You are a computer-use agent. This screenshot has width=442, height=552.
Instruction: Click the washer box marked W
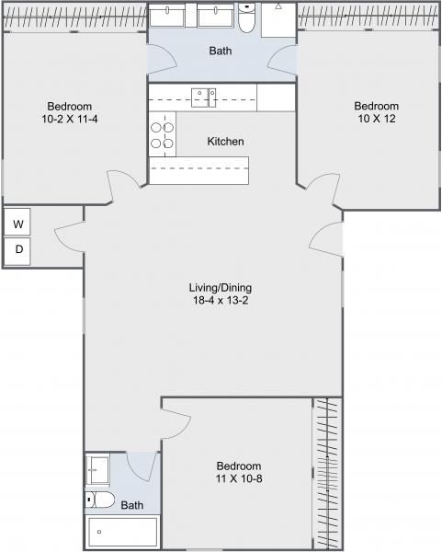[18, 223]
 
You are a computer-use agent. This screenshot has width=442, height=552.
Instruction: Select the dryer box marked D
[18, 250]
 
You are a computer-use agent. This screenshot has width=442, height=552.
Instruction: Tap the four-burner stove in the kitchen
[162, 135]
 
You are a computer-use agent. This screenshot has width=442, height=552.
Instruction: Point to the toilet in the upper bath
[246, 18]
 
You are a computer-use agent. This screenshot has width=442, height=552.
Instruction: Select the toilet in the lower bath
[100, 500]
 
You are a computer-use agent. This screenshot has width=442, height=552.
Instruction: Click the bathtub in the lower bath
[122, 531]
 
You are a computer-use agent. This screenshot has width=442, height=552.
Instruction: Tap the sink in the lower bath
[98, 471]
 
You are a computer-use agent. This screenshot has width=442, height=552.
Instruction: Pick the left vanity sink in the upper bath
[172, 17]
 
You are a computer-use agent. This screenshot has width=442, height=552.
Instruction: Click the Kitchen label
[225, 142]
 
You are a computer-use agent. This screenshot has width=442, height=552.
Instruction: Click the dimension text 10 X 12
[377, 119]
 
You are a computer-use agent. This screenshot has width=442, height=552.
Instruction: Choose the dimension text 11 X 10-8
[239, 478]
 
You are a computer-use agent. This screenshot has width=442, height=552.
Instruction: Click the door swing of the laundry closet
[69, 237]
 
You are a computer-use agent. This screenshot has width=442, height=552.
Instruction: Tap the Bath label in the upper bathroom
[221, 52]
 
